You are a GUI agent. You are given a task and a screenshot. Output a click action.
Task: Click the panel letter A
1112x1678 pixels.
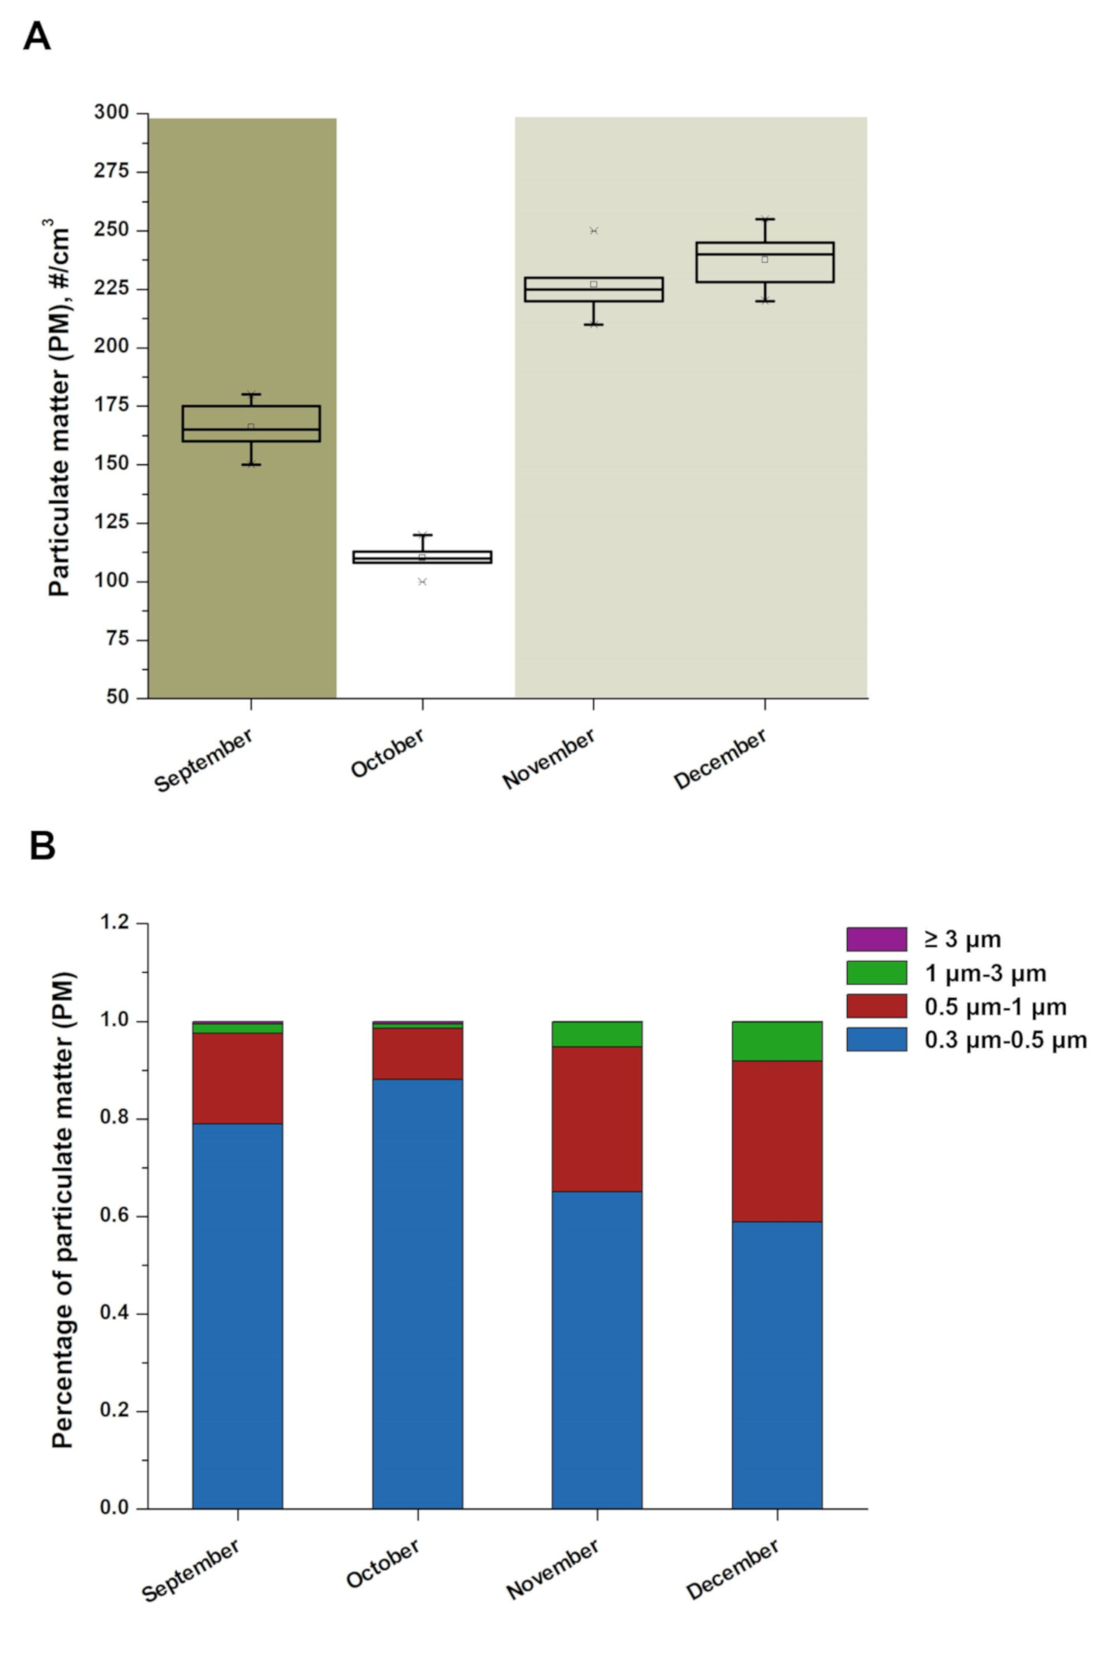pos(37,36)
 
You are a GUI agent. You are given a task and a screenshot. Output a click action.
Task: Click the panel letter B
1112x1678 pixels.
pos(43,845)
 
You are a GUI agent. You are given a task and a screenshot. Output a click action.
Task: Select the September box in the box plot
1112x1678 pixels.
pos(251,423)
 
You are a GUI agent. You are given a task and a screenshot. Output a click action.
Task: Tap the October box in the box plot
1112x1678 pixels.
pos(423,557)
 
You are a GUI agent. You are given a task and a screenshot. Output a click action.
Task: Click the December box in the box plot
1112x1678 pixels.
pos(764,262)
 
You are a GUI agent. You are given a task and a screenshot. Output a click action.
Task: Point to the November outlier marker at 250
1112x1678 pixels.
pos(594,231)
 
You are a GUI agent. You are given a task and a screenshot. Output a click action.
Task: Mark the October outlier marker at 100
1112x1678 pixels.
pos(423,582)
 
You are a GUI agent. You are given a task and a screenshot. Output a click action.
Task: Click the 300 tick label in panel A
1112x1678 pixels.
pos(111,112)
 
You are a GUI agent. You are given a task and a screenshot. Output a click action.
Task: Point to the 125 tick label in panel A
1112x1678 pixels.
pos(111,523)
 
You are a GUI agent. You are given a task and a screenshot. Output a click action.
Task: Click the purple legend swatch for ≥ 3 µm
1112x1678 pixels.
pos(876,939)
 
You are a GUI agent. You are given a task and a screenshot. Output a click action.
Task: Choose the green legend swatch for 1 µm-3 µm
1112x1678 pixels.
pos(876,973)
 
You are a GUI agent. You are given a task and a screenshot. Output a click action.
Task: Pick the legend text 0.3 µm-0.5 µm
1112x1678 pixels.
pos(1005,1040)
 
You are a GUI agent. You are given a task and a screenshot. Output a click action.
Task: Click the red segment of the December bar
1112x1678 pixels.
pos(777,1141)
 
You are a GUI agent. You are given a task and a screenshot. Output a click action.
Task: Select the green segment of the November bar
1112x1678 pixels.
pos(597,1033)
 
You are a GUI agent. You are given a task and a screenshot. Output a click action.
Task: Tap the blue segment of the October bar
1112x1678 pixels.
pos(417,1293)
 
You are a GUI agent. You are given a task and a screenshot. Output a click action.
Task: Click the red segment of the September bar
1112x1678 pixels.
pos(237,1078)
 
